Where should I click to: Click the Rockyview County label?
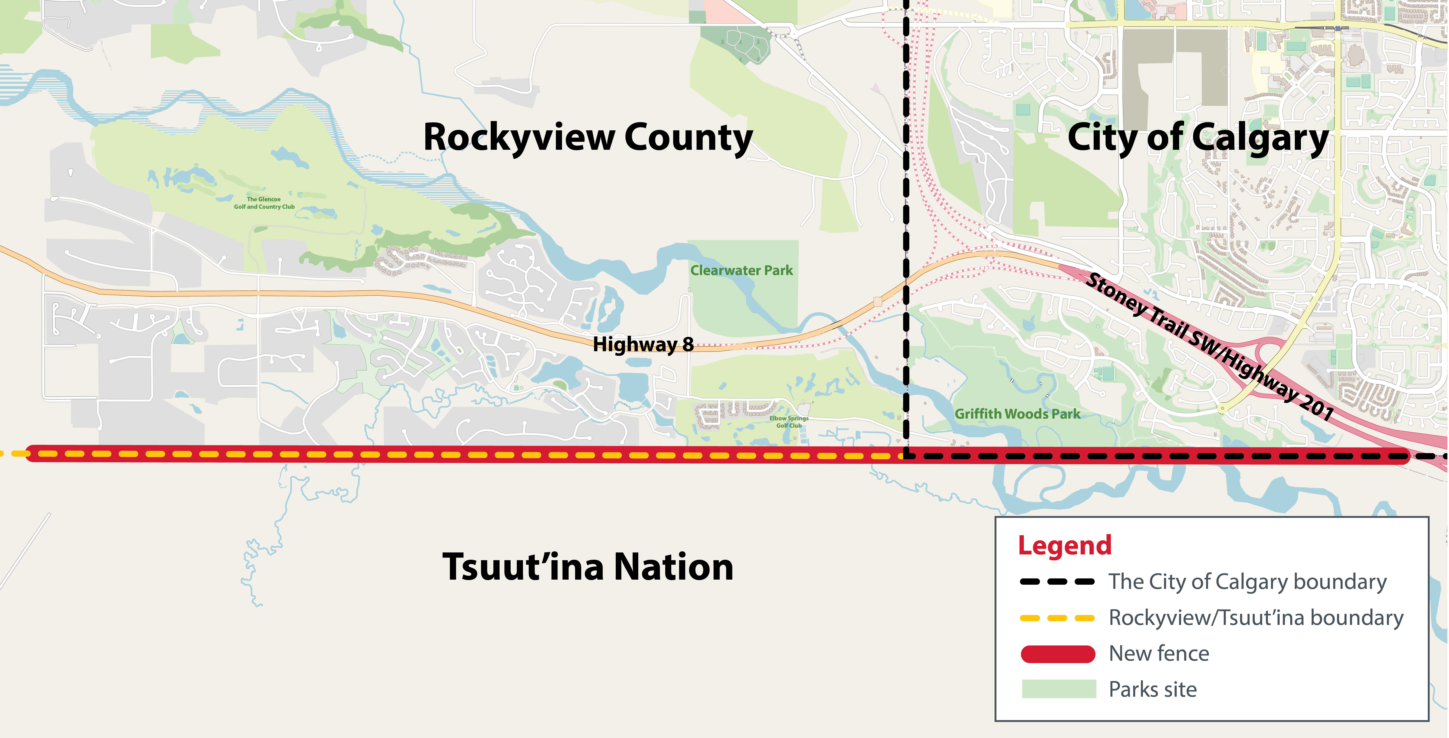pyautogui.click(x=588, y=138)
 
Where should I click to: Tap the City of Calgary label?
pyautogui.click(x=1198, y=138)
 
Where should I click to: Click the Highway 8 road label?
pyautogui.click(x=643, y=344)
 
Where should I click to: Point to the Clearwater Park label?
pyautogui.click(x=741, y=271)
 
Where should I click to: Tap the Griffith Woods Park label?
pyautogui.click(x=1017, y=414)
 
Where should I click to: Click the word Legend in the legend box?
pyautogui.click(x=1065, y=545)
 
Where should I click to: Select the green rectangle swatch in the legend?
pyautogui.click(x=1059, y=689)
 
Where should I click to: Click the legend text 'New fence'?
pyautogui.click(x=1159, y=654)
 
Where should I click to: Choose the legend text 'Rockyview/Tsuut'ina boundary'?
pyautogui.click(x=1256, y=618)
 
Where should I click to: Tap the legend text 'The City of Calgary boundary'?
pyautogui.click(x=1247, y=582)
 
